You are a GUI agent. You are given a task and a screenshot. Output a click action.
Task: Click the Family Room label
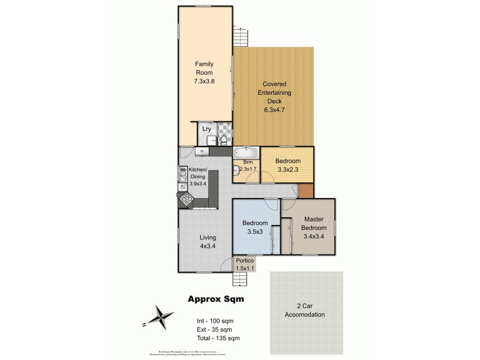[204, 73]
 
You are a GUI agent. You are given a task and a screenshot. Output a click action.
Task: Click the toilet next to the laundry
[223, 140]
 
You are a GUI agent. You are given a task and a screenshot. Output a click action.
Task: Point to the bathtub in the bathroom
[245, 151]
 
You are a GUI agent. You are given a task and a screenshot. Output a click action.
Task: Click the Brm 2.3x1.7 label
[247, 166]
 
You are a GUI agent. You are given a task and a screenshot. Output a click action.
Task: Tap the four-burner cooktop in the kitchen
[187, 200]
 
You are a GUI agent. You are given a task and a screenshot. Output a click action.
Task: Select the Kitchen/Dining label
[198, 176]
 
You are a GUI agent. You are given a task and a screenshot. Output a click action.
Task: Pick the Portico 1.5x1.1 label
[245, 265]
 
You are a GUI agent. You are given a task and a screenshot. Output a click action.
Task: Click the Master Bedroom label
[314, 223]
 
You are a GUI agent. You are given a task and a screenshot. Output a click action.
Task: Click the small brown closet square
[306, 191]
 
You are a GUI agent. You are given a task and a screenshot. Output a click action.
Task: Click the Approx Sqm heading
[216, 298]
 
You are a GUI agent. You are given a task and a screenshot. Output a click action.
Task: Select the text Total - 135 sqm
[214, 339]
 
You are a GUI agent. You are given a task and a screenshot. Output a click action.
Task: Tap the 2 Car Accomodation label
[307, 310]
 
